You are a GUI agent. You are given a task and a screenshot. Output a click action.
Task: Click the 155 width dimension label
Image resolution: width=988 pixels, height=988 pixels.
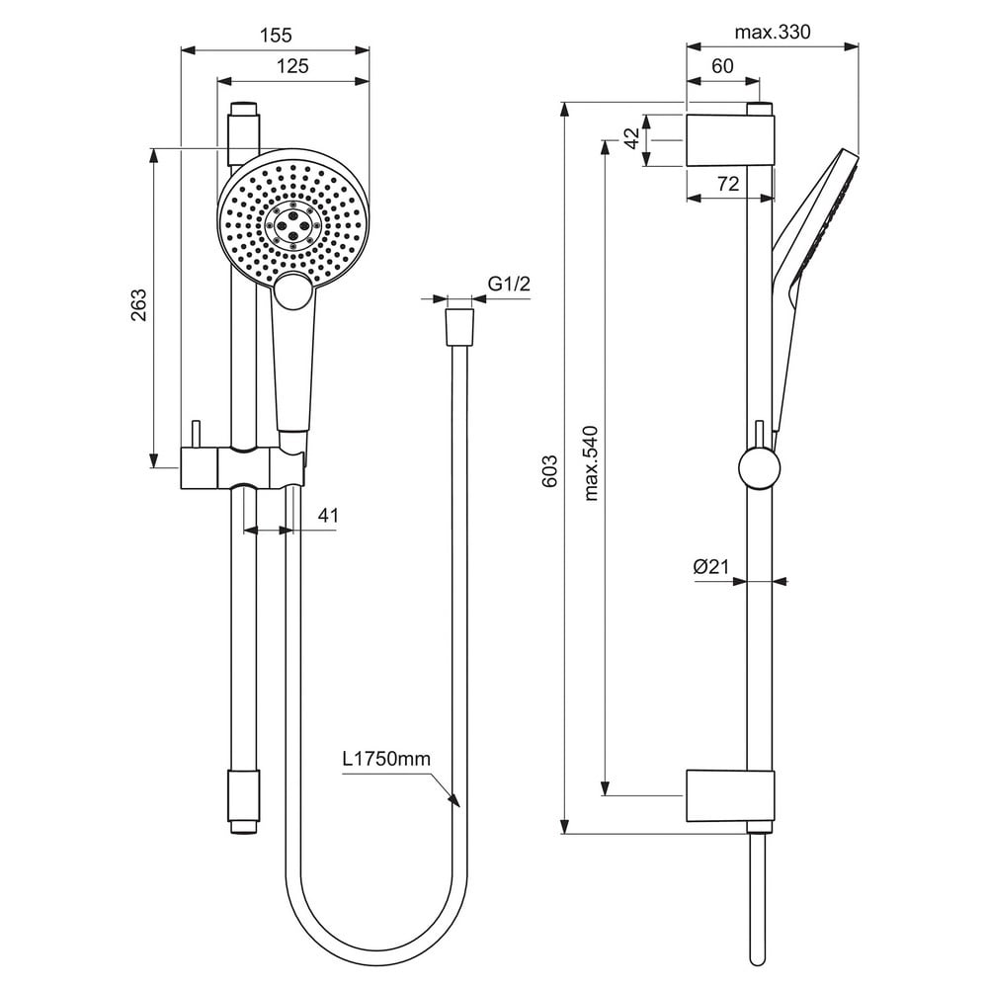(x=276, y=35)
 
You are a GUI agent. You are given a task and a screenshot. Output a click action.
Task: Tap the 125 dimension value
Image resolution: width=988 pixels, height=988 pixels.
(x=292, y=65)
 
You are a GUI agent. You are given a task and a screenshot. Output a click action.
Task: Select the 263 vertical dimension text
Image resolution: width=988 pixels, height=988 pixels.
(x=138, y=305)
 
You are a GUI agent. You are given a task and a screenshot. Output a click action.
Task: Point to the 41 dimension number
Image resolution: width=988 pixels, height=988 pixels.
(x=328, y=516)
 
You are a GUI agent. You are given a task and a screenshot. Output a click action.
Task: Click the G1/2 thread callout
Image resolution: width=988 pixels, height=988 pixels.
(x=509, y=284)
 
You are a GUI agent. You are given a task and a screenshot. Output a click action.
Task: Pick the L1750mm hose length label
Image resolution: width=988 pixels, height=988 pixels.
(x=387, y=759)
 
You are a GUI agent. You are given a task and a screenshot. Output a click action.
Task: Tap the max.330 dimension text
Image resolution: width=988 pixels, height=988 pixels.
(x=773, y=32)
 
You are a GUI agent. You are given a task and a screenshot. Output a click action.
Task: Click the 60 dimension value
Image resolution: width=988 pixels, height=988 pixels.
(x=723, y=65)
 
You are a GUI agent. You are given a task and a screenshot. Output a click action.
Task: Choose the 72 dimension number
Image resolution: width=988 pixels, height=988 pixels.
(x=728, y=184)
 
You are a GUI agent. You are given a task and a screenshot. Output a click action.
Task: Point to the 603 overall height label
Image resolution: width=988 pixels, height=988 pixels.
(x=549, y=471)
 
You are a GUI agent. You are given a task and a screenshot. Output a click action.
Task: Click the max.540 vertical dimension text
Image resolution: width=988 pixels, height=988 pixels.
(x=591, y=463)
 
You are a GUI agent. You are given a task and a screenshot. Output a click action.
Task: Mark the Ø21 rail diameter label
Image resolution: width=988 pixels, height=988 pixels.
(x=710, y=566)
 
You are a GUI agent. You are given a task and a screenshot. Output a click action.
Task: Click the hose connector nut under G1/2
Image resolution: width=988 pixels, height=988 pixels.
(x=459, y=327)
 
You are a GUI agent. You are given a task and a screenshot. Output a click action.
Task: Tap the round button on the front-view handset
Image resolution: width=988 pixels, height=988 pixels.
(x=292, y=292)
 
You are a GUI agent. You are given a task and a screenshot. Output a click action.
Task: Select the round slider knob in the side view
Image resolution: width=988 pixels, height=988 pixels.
(x=759, y=468)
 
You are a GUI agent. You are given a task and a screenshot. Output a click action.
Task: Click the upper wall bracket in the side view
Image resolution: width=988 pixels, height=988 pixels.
(x=729, y=140)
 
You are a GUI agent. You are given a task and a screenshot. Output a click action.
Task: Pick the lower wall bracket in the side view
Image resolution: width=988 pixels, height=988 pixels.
(x=730, y=795)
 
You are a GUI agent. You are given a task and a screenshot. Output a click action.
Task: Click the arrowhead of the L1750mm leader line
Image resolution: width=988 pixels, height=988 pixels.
(x=454, y=801)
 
